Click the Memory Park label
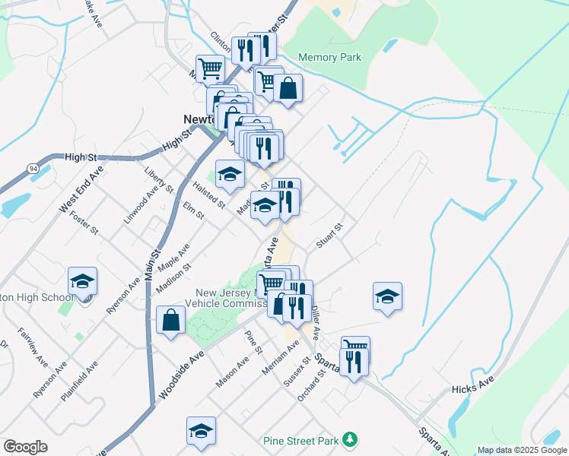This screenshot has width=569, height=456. click(x=329, y=57)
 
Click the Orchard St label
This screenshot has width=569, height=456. click(x=306, y=391)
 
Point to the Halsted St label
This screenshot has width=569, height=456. click(x=208, y=195)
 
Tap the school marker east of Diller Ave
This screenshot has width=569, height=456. click(x=387, y=296)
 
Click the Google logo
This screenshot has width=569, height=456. click(x=25, y=447)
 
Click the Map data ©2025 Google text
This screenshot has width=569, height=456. click(x=522, y=450)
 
